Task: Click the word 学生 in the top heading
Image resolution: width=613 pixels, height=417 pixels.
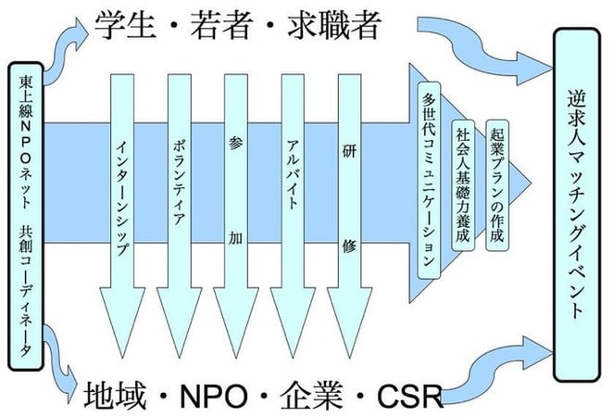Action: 125,26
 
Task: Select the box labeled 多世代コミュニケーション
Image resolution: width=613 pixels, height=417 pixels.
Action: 428,176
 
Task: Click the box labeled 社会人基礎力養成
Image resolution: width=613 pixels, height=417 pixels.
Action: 464,176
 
